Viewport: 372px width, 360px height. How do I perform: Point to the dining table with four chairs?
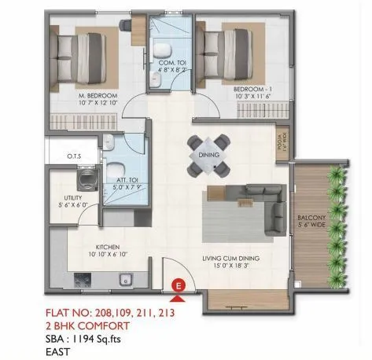coord(210,155)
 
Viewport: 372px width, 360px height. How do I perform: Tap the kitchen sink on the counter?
coord(123,279)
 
